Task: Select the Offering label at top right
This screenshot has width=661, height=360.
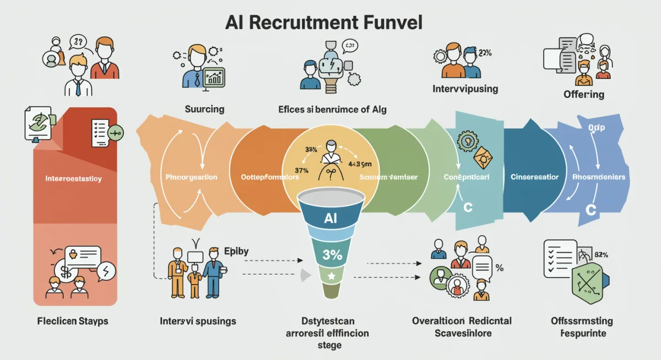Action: [583, 94]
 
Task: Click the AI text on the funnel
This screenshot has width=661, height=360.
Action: [330, 218]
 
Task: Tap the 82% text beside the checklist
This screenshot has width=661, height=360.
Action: [601, 254]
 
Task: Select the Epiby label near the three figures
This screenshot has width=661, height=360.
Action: [236, 251]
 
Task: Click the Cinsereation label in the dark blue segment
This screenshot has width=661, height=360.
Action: [534, 177]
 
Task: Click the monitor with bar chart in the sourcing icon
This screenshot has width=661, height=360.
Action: [214, 78]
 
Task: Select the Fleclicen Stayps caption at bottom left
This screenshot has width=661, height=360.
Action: [72, 321]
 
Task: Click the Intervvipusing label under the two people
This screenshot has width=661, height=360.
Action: [465, 88]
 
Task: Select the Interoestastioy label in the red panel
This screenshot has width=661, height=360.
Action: [73, 179]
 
